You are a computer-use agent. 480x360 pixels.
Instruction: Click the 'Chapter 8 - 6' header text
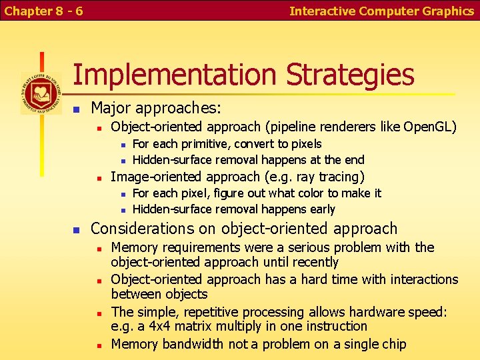44,11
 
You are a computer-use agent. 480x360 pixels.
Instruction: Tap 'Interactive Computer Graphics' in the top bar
381,11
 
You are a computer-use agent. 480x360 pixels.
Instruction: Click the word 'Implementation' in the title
175,75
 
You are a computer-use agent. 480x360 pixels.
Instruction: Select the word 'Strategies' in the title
350,75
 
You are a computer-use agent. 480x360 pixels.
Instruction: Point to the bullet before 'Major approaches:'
77,108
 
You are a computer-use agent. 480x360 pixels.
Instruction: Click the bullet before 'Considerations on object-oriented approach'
77,229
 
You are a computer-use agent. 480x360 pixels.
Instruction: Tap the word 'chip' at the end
392,344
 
